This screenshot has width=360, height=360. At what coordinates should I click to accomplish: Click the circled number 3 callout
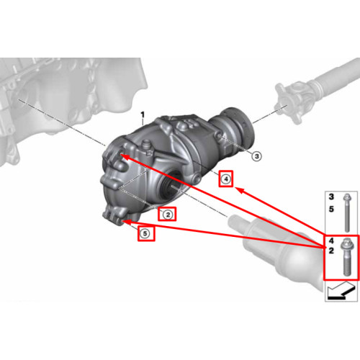pyautogui.click(x=256, y=156)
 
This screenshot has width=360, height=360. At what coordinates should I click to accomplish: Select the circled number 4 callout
pyautogui.click(x=225, y=179)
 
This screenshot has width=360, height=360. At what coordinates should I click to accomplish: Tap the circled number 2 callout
pyautogui.click(x=168, y=215)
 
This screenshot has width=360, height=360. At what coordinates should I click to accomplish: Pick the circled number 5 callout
pyautogui.click(x=145, y=233)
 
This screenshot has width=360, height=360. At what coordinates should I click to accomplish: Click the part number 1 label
pyautogui.click(x=143, y=115)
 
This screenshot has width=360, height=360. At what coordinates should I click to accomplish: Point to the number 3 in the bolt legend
pyautogui.click(x=331, y=197)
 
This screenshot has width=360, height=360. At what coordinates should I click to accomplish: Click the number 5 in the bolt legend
pyautogui.click(x=331, y=209)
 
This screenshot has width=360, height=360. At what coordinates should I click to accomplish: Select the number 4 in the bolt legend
pyautogui.click(x=331, y=240)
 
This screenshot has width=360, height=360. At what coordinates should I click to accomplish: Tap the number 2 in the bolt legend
pyautogui.click(x=331, y=251)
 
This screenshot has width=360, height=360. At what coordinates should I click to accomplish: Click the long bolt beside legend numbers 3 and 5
pyautogui.click(x=347, y=212)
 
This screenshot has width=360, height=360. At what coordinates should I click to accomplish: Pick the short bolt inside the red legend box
pyautogui.click(x=346, y=256)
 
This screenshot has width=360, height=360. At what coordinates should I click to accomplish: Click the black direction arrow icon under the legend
pyautogui.click(x=341, y=291)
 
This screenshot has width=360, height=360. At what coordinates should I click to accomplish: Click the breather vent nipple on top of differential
pyautogui.click(x=146, y=146)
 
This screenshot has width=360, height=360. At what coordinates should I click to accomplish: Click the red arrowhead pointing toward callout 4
pyautogui.click(x=240, y=190)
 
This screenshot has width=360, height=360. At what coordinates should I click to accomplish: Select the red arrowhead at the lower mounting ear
pyautogui.click(x=127, y=222)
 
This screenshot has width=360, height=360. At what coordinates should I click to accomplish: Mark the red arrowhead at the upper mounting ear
pyautogui.click(x=124, y=157)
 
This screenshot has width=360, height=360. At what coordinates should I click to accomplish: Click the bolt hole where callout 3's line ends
pyautogui.click(x=219, y=136)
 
